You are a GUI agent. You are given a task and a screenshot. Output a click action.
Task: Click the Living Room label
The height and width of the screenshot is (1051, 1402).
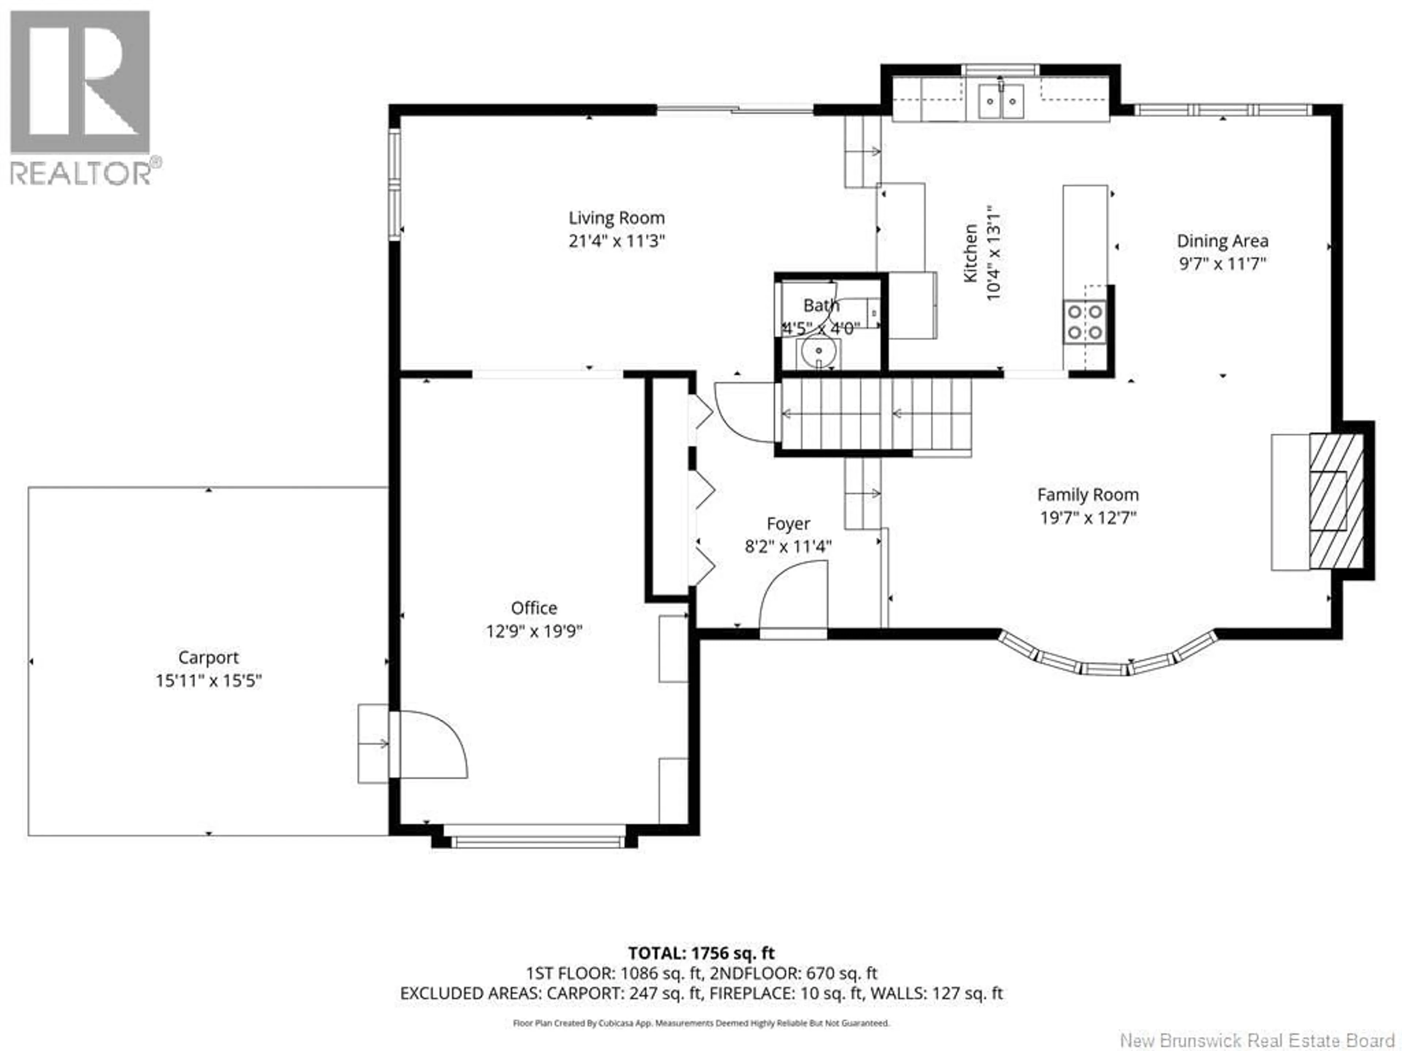click(x=616, y=218)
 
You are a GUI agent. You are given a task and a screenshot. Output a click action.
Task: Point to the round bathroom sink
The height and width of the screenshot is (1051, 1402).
click(x=818, y=351)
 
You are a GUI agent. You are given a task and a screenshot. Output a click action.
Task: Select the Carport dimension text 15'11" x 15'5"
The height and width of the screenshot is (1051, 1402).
click(x=208, y=680)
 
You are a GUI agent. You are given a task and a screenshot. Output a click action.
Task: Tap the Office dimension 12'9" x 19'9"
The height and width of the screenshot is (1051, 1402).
click(x=534, y=631)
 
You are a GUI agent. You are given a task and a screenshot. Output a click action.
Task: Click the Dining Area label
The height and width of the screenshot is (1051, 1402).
click(x=1222, y=241)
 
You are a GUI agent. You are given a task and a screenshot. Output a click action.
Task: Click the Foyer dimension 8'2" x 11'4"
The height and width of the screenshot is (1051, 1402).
click(x=788, y=546)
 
